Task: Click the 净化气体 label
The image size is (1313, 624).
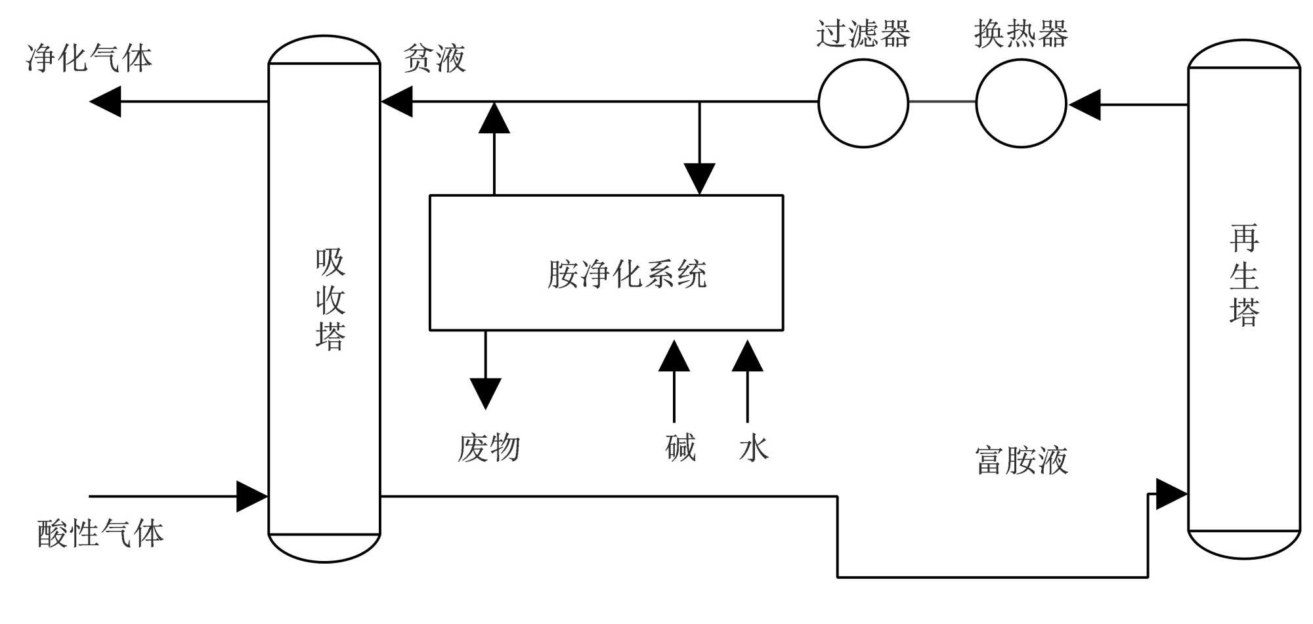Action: point(89,58)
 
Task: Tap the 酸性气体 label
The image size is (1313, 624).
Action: point(100,533)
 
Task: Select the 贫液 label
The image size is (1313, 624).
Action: point(435,58)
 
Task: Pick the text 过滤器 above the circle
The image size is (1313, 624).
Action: point(863,33)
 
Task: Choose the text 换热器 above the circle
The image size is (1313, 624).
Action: point(1021,33)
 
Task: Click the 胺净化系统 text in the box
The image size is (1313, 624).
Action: point(627,274)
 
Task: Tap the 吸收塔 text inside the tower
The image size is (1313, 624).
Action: point(330,299)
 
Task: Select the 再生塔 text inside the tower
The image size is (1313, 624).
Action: point(1244,275)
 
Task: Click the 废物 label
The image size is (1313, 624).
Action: point(489,448)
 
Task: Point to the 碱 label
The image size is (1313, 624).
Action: point(681,448)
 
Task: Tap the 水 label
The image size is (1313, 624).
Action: point(754,449)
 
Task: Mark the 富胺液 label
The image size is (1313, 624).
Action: point(1022,460)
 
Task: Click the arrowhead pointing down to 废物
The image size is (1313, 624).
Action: point(486,394)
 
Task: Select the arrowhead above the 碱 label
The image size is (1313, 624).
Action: point(674,356)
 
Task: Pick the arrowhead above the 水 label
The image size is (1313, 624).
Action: point(748,356)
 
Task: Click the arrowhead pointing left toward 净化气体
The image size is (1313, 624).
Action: point(105,102)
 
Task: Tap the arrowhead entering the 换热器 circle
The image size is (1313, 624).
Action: point(1085,104)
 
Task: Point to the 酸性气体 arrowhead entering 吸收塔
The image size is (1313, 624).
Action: point(252,497)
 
